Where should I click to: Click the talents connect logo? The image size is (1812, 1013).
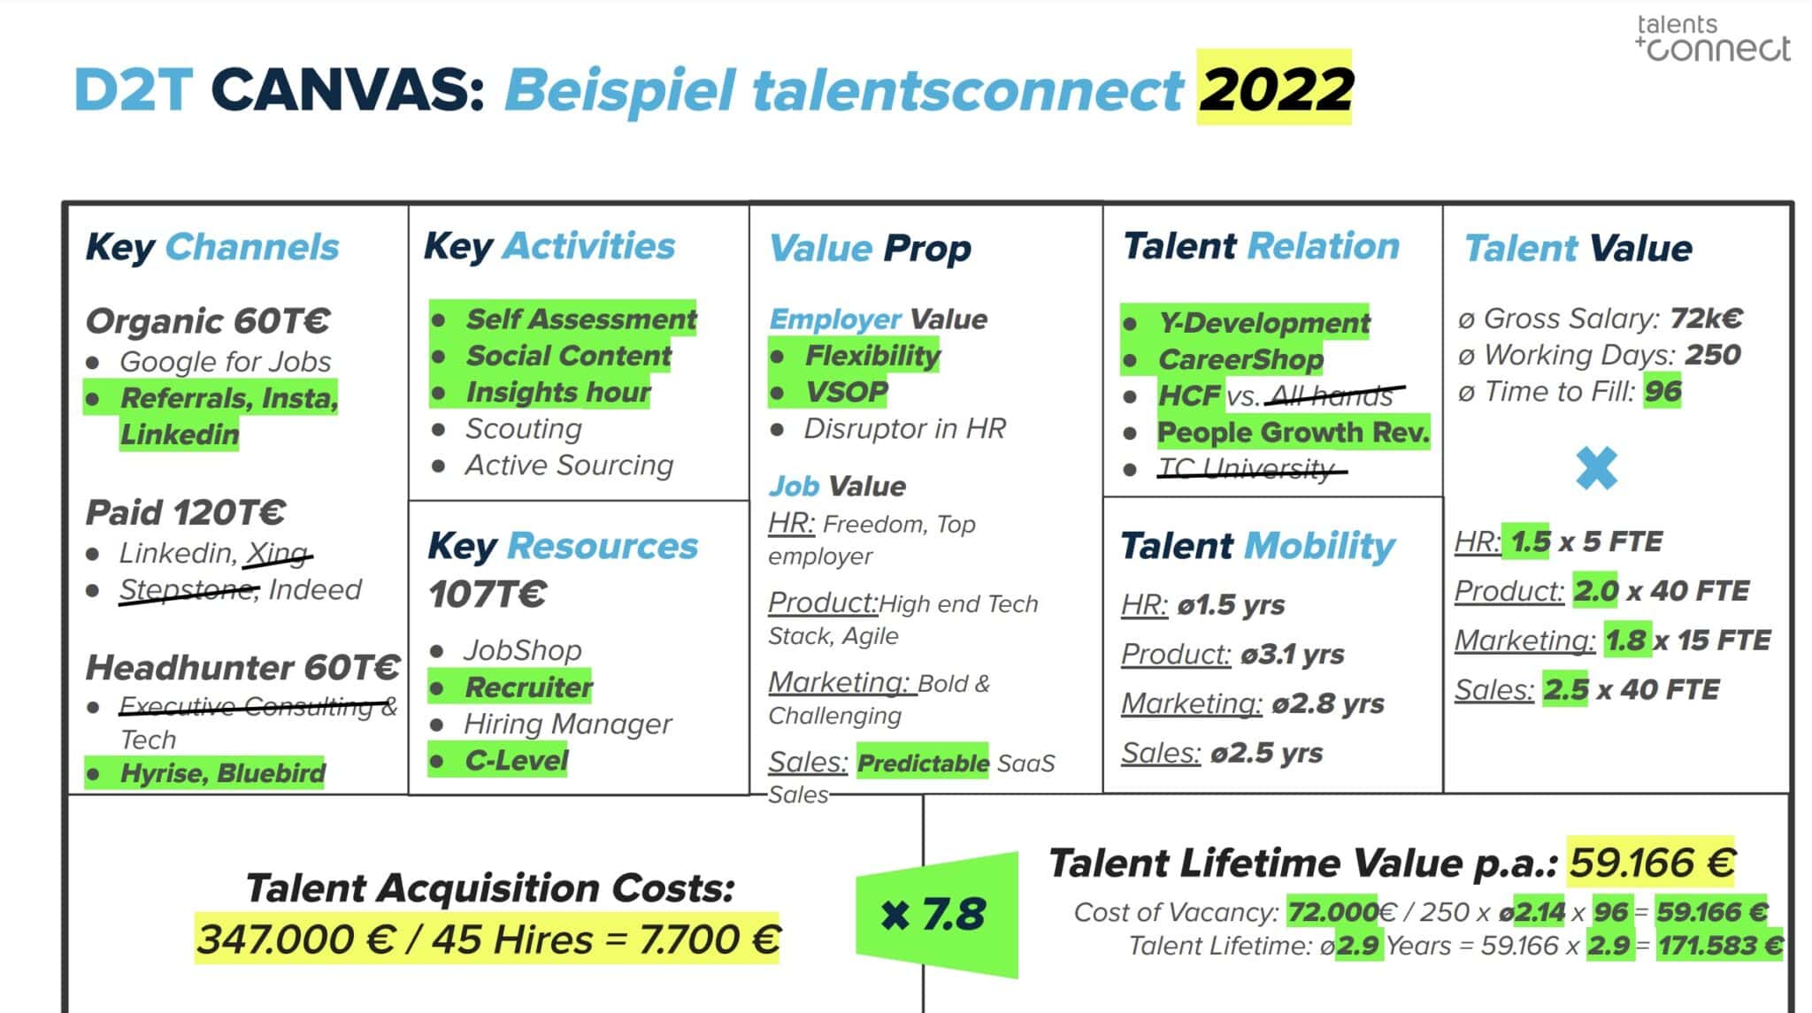point(1712,38)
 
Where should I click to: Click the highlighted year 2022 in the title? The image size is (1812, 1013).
point(1274,88)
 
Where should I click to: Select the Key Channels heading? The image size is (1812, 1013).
point(212,247)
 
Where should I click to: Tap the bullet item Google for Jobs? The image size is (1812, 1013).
point(225,361)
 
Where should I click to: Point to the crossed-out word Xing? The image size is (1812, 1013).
point(277,553)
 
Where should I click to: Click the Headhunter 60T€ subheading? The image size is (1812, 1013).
point(242,667)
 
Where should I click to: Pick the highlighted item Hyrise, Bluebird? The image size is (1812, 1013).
point(222,773)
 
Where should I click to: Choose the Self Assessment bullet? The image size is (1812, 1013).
point(580,318)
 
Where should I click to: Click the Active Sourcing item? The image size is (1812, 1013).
point(569,464)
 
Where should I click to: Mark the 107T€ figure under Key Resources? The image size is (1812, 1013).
point(488,594)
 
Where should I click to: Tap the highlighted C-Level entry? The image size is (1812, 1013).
point(517,761)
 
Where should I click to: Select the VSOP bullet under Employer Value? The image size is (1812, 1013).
point(846,391)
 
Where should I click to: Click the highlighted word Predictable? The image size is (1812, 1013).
point(923,763)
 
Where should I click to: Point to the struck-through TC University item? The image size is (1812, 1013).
point(1247,468)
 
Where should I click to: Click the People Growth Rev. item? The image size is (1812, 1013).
point(1293,432)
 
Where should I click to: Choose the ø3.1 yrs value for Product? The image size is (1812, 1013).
point(1292,655)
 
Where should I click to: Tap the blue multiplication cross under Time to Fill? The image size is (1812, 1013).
point(1596,468)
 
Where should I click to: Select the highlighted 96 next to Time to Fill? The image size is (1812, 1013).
point(1662,391)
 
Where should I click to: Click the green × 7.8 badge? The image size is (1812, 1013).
point(936,914)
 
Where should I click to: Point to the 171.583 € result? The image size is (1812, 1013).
point(1720,946)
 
